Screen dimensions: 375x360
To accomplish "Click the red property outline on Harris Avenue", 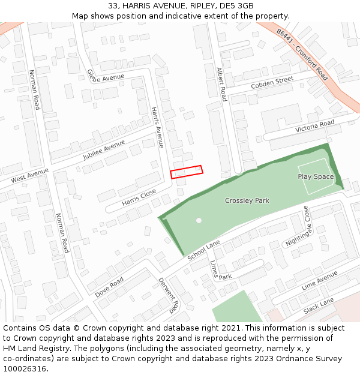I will tap(187, 172).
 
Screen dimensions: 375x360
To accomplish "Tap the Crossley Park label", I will tap(247, 200).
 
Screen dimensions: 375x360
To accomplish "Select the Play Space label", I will tap(316, 176).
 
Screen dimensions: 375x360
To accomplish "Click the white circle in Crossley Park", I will tap(199, 220).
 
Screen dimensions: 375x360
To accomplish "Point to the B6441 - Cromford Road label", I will tap(302, 55).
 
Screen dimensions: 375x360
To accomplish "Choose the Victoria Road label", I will tap(314, 127).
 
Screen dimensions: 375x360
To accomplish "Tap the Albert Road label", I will tap(221, 83).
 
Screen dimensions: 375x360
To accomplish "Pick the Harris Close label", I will tap(139, 197).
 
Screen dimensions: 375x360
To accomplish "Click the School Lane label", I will tap(204, 250).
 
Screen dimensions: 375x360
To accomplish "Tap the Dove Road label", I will tap(109, 287).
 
